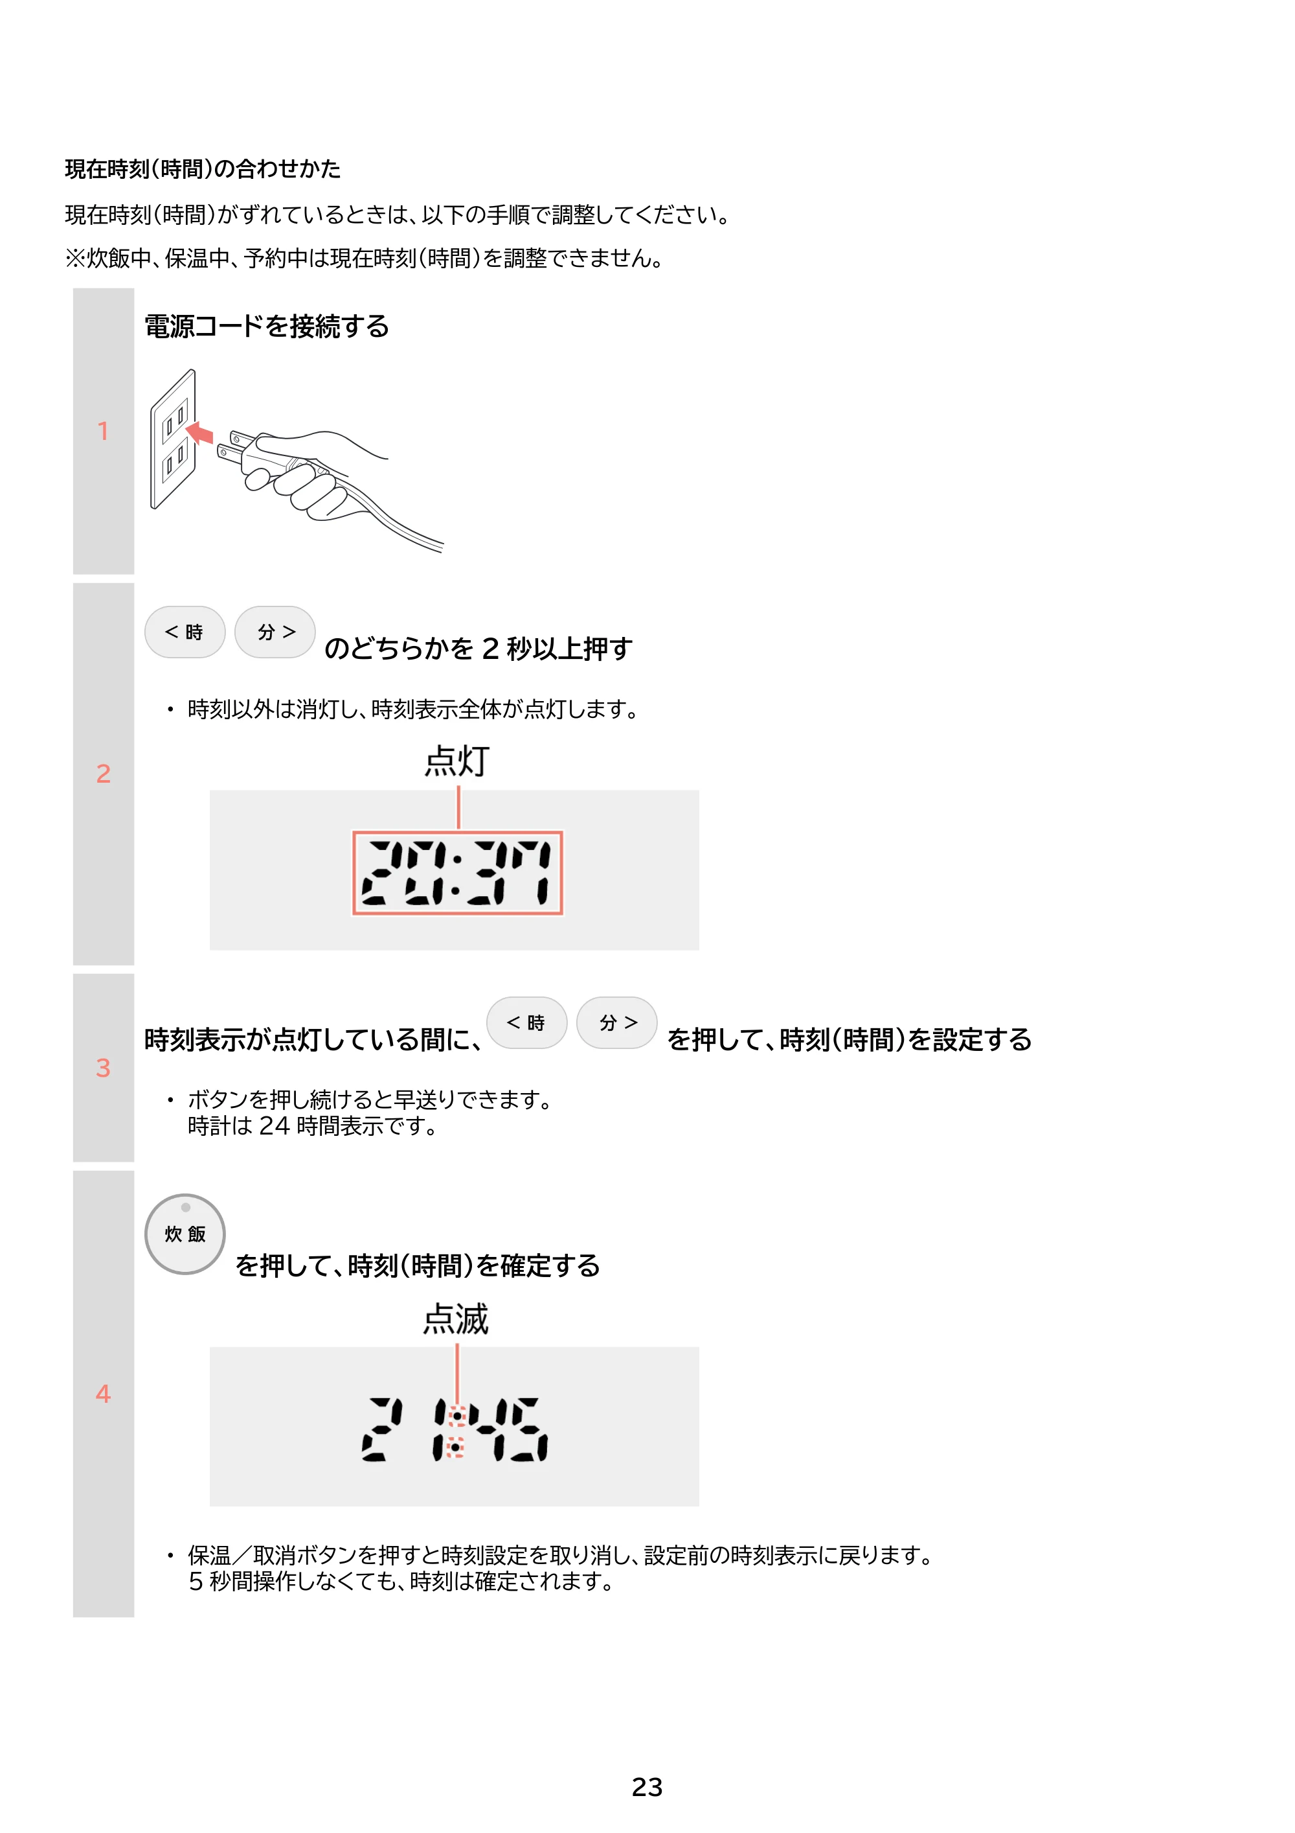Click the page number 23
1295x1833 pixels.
point(646,1787)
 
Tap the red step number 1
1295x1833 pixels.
point(103,431)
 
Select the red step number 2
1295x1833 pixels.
point(103,774)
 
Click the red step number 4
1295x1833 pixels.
point(103,1394)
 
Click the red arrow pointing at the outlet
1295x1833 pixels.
point(199,433)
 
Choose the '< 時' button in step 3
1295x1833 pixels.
point(526,1022)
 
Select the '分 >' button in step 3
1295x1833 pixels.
point(617,1022)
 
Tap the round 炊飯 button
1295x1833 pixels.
point(185,1234)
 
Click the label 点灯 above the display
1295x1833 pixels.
point(456,761)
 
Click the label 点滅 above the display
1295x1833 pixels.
point(456,1319)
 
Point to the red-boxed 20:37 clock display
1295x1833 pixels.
point(458,873)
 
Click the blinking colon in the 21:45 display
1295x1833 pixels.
point(456,1431)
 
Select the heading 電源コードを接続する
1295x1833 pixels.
point(267,327)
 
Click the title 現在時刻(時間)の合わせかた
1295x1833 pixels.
point(203,168)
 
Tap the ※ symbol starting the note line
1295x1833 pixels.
point(75,258)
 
